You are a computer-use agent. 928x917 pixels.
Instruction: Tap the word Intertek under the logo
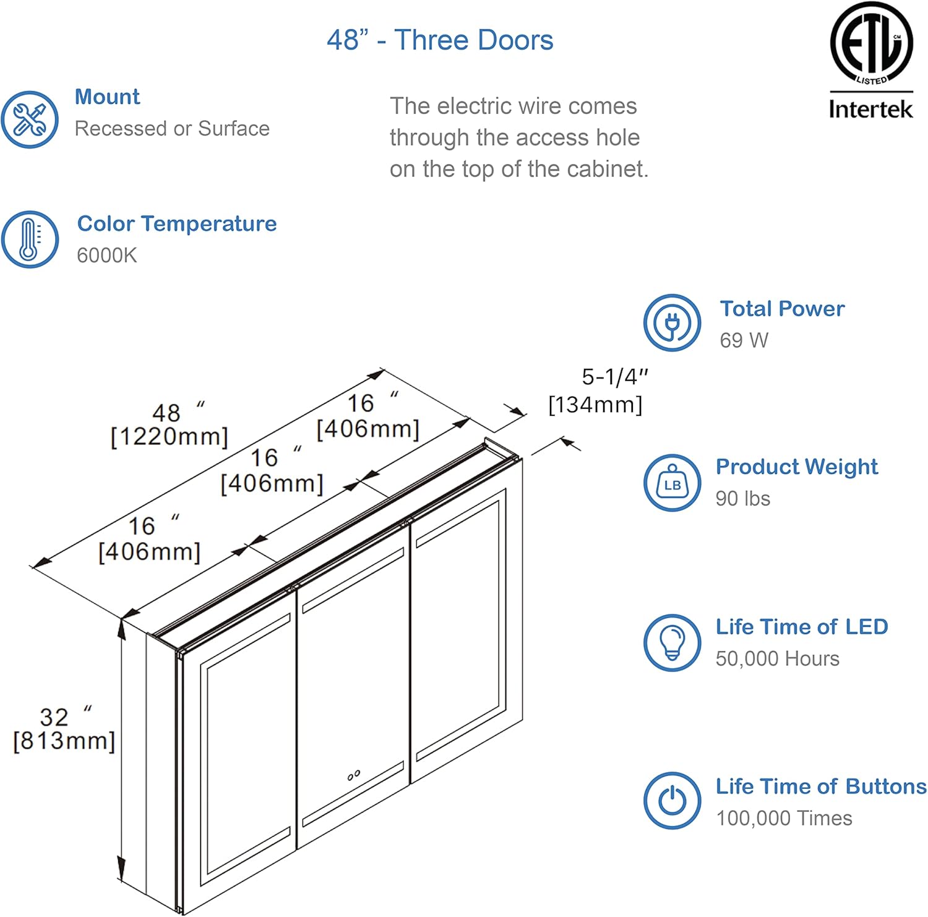870,110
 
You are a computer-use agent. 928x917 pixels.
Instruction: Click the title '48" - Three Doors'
440,40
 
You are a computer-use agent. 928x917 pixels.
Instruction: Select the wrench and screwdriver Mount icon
30,119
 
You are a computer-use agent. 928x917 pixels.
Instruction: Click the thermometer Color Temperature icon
30,239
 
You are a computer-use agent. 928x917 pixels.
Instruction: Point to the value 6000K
106,255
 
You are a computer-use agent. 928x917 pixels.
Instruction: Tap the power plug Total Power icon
672,323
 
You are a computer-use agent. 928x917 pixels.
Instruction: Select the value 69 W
744,340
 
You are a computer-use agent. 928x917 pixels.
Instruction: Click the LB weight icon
672,483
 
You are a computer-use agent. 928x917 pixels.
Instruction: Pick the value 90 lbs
742,498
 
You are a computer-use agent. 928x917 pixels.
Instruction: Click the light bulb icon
672,643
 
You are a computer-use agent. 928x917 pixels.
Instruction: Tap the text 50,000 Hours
777,658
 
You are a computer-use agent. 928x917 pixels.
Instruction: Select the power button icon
672,801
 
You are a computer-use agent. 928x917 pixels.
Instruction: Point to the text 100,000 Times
784,818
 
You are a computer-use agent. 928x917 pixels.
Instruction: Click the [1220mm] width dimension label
169,437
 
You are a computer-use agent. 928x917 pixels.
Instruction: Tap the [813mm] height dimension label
64,741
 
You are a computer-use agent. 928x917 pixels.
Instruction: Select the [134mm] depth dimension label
595,405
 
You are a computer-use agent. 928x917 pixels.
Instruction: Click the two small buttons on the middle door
354,775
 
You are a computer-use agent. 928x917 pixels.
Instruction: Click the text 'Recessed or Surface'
172,129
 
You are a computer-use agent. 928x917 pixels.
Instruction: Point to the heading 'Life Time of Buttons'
821,786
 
